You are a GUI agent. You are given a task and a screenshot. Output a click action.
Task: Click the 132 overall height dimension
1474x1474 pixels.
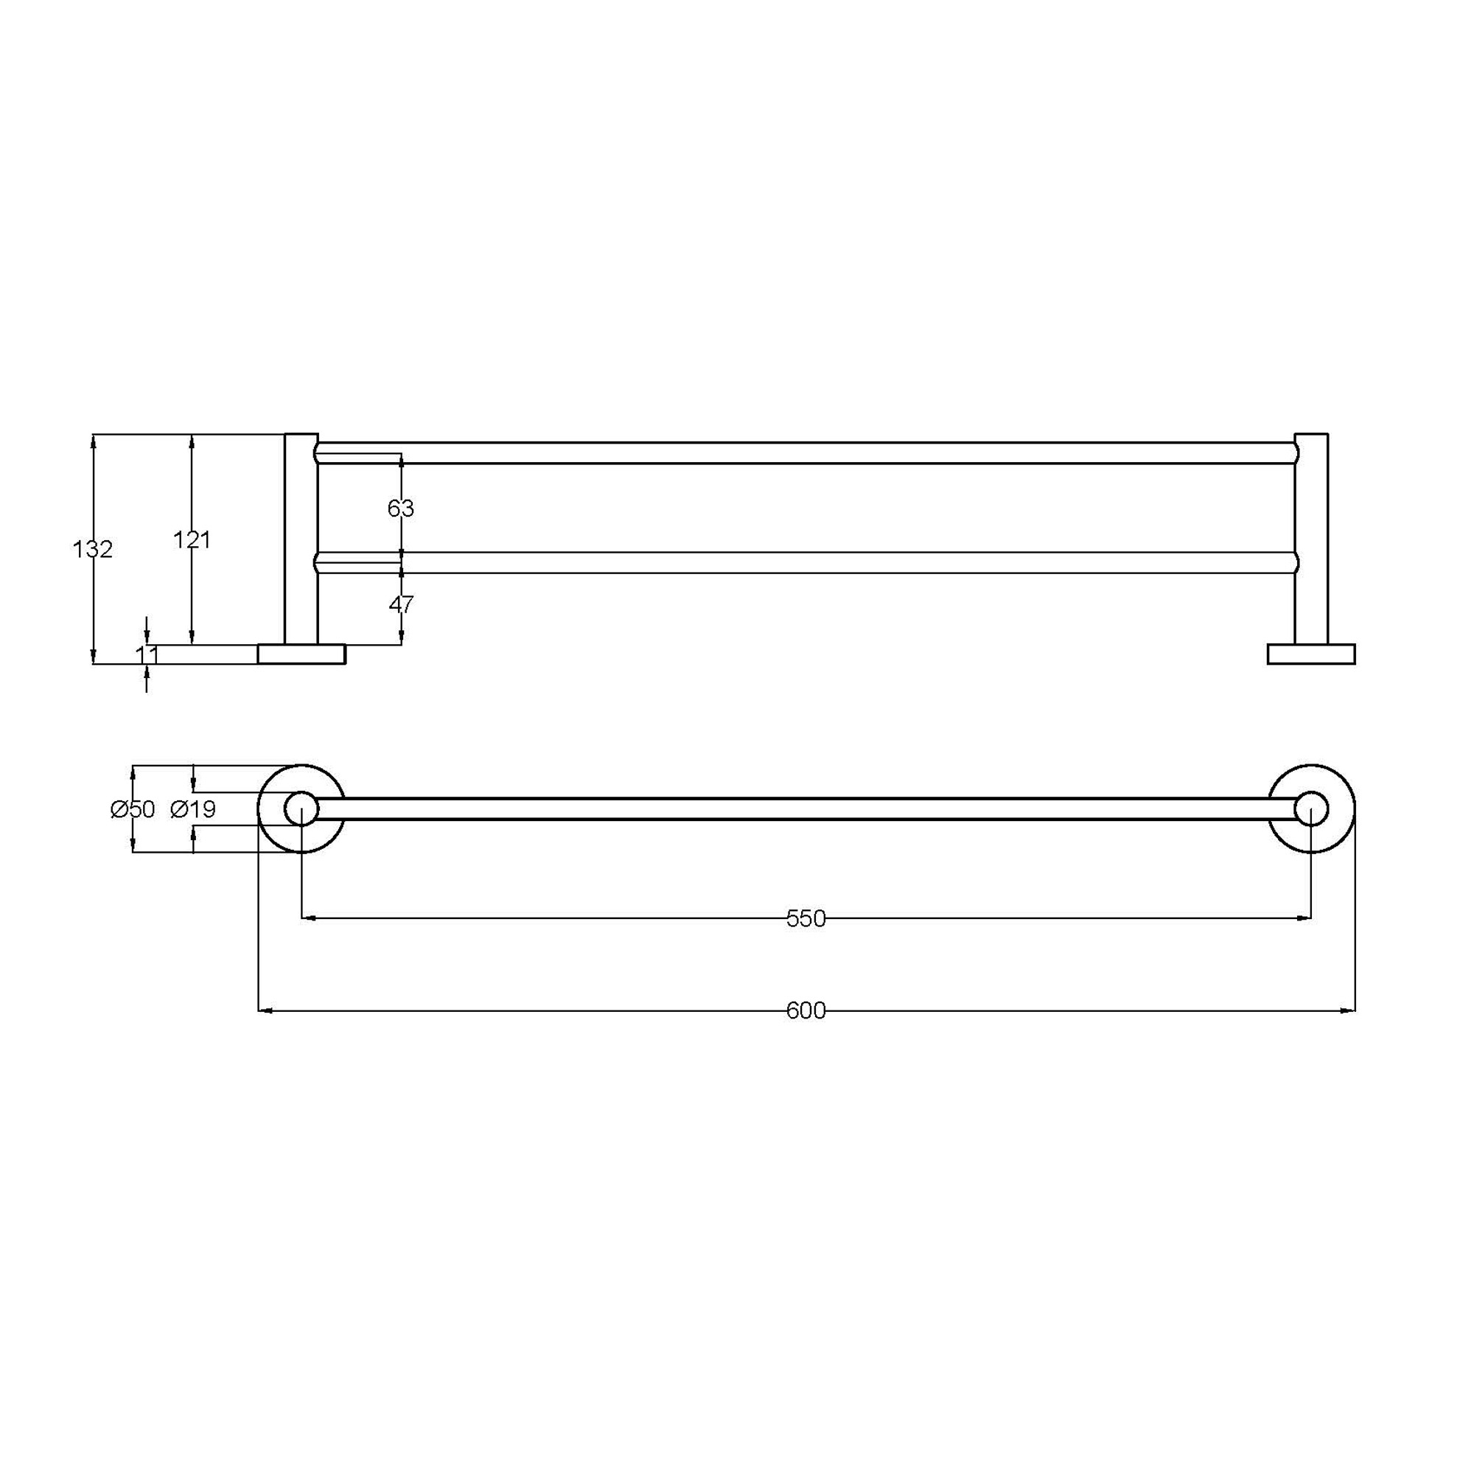point(92,549)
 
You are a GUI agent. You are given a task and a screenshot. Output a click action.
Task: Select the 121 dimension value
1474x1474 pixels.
point(192,540)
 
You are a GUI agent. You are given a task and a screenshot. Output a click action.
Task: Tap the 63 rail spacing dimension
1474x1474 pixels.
point(400,508)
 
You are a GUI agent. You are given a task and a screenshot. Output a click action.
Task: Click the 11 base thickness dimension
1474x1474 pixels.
point(147,654)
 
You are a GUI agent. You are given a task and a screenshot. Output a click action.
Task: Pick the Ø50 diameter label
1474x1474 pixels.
point(133,808)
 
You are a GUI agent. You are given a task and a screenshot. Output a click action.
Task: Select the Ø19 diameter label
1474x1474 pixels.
point(193,808)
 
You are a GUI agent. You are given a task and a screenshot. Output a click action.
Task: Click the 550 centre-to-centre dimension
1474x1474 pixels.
point(806,918)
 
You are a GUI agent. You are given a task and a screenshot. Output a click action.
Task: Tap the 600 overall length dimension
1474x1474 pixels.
point(806,1010)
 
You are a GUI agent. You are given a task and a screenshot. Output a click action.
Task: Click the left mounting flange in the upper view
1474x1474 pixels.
point(301,654)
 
